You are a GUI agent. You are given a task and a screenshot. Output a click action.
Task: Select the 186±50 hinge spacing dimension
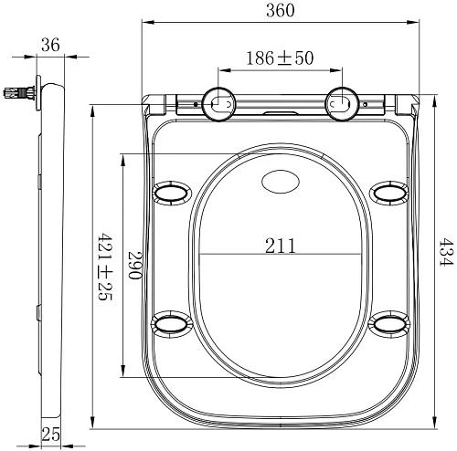[281, 58]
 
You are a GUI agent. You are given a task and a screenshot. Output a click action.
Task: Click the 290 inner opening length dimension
[134, 265]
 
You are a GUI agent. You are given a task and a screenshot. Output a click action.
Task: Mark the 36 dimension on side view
[51, 44]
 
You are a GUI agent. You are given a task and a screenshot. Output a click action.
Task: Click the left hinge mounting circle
[218, 105]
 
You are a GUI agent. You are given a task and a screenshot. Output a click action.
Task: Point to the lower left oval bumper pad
[171, 324]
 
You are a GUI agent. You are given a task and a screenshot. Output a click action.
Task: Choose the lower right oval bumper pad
[390, 324]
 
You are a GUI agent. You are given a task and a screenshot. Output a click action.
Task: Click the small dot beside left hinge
[196, 105]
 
